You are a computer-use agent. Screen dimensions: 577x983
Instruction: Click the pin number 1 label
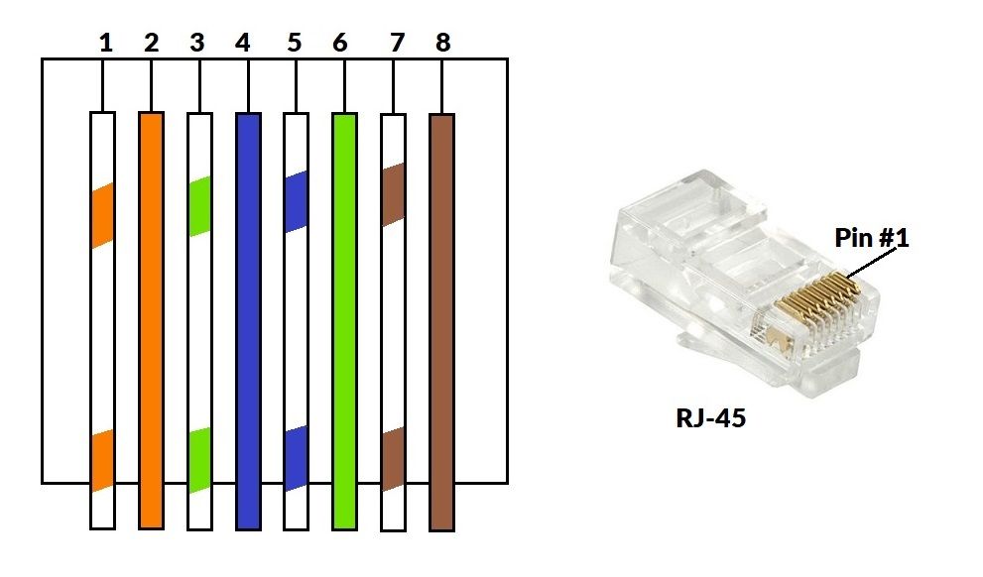105,43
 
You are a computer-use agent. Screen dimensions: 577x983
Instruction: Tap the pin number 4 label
243,43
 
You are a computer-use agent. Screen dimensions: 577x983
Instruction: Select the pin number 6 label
340,43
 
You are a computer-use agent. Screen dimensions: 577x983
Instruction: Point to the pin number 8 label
442,43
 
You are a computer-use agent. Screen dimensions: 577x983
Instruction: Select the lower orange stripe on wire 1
102,462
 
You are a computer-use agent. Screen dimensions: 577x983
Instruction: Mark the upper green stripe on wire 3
199,206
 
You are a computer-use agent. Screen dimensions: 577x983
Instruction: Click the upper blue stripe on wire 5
296,202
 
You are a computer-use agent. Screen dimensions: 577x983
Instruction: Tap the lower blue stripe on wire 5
296,457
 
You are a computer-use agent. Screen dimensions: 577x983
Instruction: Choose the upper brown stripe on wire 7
393,194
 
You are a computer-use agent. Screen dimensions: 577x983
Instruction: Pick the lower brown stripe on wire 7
393,459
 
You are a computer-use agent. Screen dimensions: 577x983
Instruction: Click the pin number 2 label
151,43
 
